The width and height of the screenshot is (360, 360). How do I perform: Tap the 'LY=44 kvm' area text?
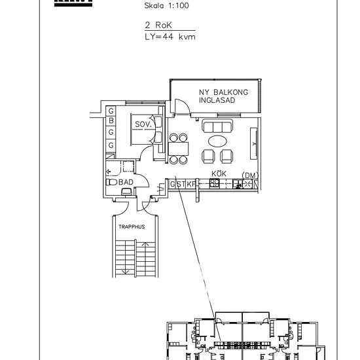point(170,37)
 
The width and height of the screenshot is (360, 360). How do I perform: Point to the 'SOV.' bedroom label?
point(143,123)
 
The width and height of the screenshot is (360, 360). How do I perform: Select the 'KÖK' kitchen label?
point(218,174)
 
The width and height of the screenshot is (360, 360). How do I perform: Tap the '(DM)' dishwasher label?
point(249,175)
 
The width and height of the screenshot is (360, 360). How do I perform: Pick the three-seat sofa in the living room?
point(217,126)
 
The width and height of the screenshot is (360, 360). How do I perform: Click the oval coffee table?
point(218,141)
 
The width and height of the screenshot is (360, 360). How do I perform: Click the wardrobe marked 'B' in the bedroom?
point(111,121)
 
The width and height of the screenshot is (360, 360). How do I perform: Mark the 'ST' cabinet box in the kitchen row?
point(181,184)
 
